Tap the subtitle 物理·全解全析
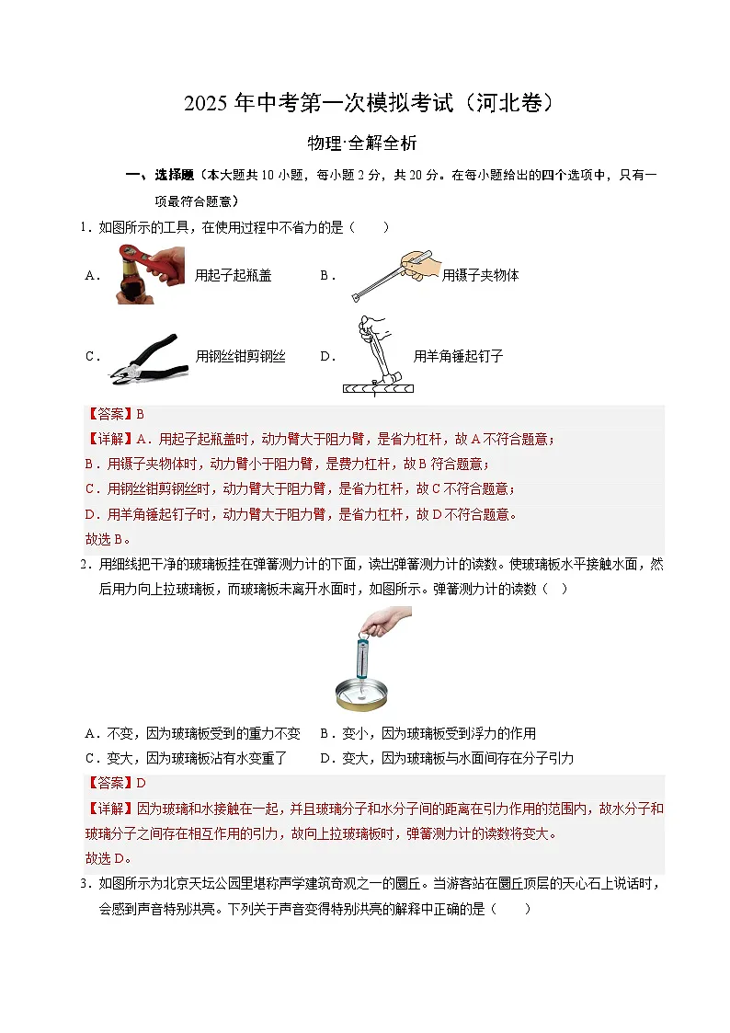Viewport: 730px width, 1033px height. point(364,143)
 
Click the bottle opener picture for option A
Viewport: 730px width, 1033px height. point(150,275)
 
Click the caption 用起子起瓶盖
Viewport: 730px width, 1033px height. point(234,275)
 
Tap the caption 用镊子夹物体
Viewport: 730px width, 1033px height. point(480,275)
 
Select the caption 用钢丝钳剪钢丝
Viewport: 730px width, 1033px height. point(240,357)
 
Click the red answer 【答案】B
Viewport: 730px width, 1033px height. point(115,414)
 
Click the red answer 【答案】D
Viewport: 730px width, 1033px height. point(115,783)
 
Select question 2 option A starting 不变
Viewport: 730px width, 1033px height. point(193,733)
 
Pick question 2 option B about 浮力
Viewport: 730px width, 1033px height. point(428,733)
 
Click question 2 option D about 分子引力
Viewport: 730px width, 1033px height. point(447,758)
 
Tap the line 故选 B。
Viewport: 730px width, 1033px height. point(108,539)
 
